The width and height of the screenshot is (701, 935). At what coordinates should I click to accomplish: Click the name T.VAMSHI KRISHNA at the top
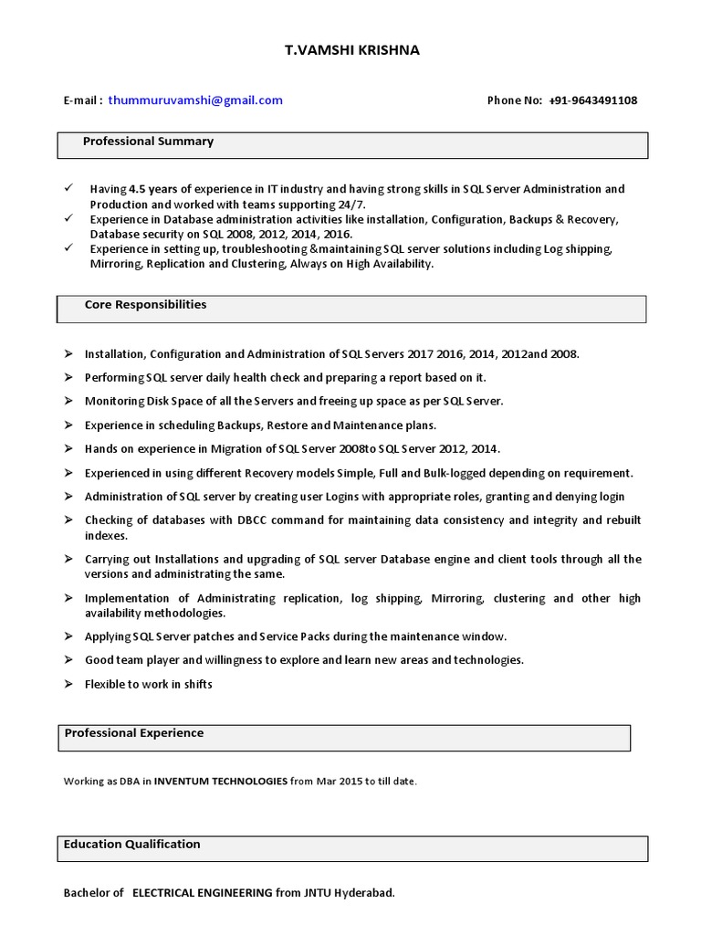pos(351,50)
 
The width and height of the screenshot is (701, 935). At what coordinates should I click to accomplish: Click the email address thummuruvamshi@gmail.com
pos(195,100)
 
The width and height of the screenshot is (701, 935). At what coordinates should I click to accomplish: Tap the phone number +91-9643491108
pos(593,100)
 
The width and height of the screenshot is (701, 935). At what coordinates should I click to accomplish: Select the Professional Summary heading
pos(148,142)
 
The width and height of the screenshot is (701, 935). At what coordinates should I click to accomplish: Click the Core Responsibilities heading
pos(145,305)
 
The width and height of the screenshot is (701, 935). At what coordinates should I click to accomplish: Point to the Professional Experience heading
pos(133,733)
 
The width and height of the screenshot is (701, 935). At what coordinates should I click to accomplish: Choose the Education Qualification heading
pos(132,845)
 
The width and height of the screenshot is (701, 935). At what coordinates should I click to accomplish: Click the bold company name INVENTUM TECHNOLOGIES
pos(221,782)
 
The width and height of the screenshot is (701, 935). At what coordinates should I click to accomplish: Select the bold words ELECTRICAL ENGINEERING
pos(203,893)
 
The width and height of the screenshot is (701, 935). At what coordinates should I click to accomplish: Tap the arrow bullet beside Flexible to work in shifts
pos(68,683)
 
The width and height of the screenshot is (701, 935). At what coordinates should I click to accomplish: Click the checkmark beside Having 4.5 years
pos(68,187)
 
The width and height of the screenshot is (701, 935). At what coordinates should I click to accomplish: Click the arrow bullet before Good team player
pos(68,659)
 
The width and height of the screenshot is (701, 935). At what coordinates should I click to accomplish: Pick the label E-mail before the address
pos(82,100)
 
